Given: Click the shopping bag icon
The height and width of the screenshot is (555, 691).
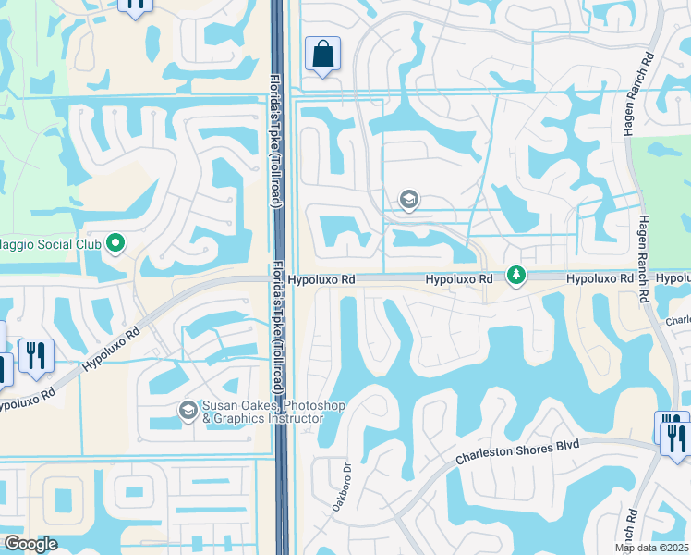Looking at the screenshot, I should click(322, 54).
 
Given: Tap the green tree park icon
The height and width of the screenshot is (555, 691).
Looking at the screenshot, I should click(516, 276).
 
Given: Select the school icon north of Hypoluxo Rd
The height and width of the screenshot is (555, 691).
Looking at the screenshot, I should click(408, 199).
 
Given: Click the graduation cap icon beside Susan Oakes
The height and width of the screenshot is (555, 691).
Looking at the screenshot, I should click(188, 410).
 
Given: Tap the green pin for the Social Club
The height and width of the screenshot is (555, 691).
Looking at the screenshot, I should click(115, 244).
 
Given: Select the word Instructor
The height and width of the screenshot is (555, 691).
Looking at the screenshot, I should click(293, 419).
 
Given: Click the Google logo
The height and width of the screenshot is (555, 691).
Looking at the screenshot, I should click(30, 544).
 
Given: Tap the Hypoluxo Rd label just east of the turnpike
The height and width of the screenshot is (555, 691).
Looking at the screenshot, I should click(321, 278).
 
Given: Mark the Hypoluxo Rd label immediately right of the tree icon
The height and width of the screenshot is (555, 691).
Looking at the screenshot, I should click(600, 278).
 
